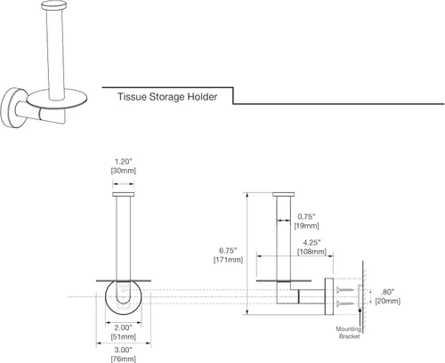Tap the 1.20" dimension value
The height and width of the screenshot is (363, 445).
(123, 162)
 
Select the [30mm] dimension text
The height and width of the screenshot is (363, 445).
(123, 171)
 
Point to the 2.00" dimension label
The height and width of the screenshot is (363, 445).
(124, 327)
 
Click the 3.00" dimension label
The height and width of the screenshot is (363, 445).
(124, 350)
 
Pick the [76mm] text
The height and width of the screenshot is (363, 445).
(124, 359)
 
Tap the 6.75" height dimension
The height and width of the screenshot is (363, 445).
(228, 251)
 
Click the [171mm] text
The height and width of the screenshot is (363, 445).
(228, 260)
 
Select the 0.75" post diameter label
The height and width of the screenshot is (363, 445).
(307, 216)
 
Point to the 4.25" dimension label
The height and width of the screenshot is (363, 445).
(311, 243)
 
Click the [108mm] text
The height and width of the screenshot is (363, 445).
(311, 252)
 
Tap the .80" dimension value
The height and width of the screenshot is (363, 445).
(387, 292)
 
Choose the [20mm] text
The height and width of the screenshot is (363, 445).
(387, 301)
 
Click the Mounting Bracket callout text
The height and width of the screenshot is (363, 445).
(349, 333)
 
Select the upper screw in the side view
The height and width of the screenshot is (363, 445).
(345, 289)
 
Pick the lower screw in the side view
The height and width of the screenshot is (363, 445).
(345, 303)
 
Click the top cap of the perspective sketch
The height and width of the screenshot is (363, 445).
(54, 5)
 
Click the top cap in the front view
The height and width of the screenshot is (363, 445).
(124, 194)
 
